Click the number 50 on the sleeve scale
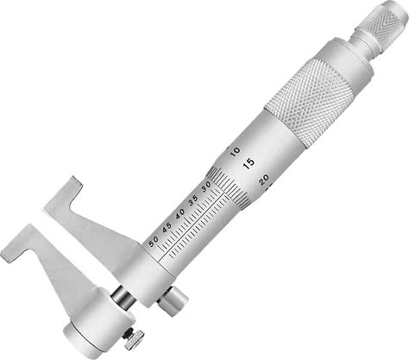click(x=154, y=242)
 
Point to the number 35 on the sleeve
click(x=193, y=199)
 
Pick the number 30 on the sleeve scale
click(x=207, y=186)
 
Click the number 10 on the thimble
click(x=236, y=150)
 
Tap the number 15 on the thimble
click(x=249, y=163)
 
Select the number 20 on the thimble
click(x=263, y=179)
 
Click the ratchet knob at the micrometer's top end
click(x=380, y=21)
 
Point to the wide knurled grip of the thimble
click(x=310, y=101)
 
